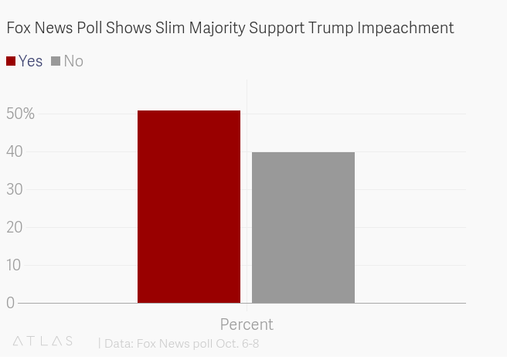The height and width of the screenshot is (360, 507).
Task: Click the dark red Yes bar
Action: (189, 206)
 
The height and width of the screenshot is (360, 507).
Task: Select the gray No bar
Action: (303, 227)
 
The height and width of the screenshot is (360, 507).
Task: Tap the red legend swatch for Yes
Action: (11, 61)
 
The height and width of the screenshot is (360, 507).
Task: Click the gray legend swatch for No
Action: (56, 61)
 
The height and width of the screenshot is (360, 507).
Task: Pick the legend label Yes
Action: (30, 61)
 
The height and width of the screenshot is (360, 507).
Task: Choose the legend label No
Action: (73, 61)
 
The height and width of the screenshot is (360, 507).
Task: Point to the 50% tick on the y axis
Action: (20, 114)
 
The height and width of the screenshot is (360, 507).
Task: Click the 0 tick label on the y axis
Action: (10, 303)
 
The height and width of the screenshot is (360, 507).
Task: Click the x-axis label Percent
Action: (247, 324)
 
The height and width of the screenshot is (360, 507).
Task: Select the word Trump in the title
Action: (334, 29)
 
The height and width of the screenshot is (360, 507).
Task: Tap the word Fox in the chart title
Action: (19, 29)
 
